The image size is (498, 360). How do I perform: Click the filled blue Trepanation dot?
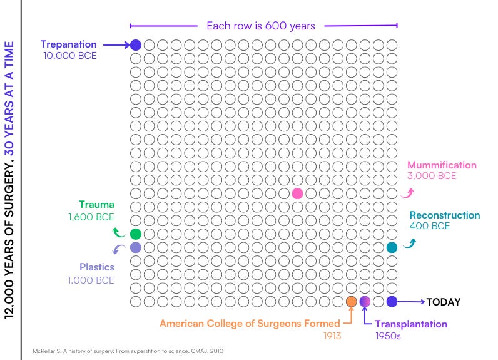136,45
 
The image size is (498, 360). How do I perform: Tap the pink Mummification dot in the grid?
297,193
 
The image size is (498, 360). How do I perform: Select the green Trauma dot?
136,234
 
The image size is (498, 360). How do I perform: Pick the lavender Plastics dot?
136,248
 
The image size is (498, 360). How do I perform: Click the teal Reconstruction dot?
392,248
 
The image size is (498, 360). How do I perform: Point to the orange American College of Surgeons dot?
352,302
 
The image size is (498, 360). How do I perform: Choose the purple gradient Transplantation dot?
365,302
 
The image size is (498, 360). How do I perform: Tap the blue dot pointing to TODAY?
392,302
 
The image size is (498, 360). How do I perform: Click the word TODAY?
444,302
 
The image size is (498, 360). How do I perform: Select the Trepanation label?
69,44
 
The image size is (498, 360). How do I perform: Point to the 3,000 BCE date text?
432,176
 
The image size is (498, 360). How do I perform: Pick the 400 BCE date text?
429,226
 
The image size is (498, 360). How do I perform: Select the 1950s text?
389,336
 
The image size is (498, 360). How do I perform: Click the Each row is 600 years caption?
261,26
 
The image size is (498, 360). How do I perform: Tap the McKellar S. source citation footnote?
128,351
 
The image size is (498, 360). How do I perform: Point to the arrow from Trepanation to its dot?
116,45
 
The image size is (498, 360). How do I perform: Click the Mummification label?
442,165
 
